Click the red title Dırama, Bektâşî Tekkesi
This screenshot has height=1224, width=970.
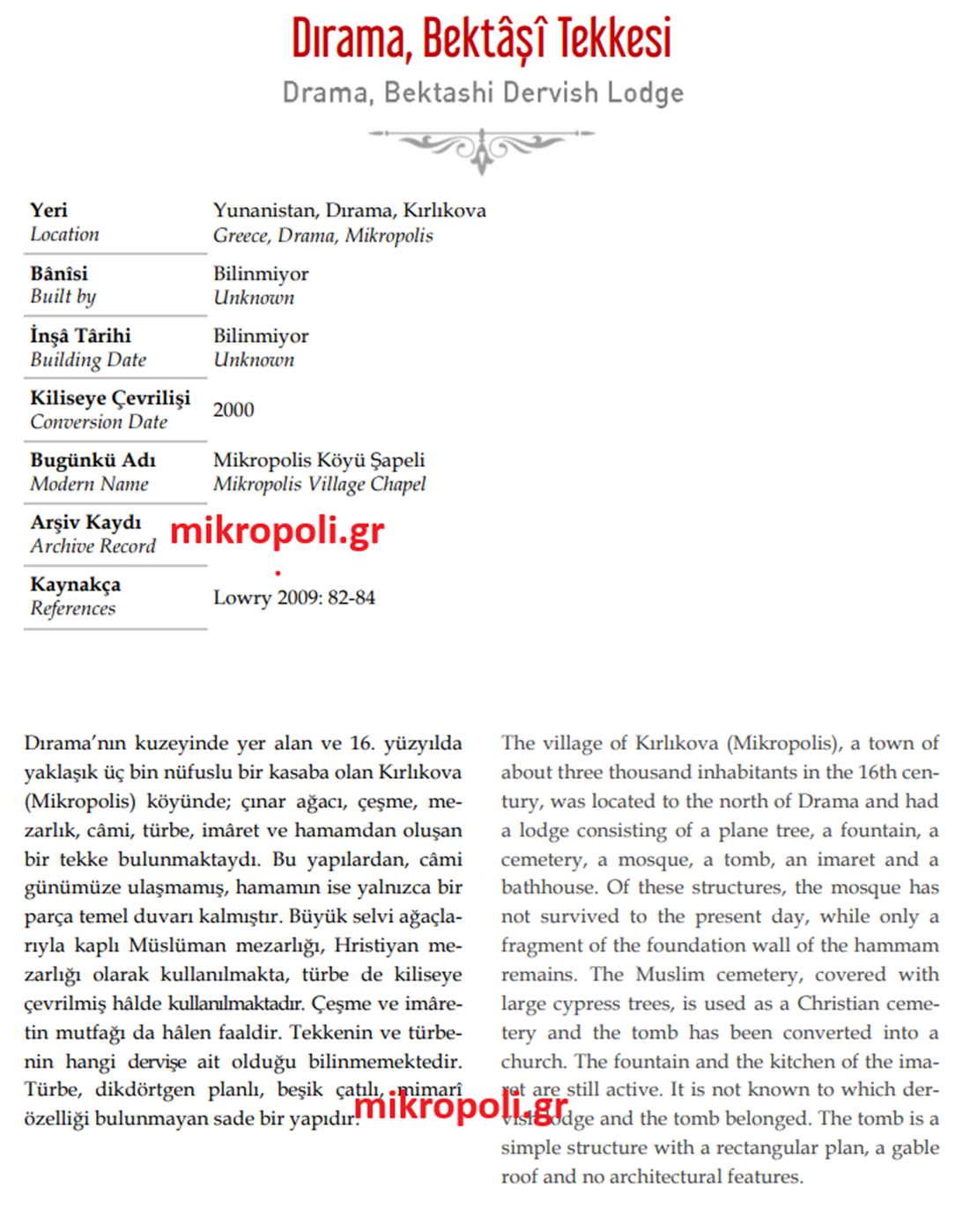[481, 39]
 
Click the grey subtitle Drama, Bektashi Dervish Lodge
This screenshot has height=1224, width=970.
[483, 93]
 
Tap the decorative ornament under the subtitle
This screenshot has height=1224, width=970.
[481, 145]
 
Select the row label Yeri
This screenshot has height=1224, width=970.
[48, 210]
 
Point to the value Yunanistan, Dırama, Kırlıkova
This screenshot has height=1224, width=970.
[349, 210]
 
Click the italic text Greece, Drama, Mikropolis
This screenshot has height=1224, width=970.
[322, 235]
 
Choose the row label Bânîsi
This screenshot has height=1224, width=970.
[59, 273]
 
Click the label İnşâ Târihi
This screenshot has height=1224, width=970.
[80, 336]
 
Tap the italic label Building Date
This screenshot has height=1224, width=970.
[88, 360]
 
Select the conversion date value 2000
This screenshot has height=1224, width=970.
[233, 410]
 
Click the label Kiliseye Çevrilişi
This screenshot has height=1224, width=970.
[110, 397]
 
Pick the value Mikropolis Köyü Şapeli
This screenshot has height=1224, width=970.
[319, 460]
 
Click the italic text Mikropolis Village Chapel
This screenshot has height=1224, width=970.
[319, 484]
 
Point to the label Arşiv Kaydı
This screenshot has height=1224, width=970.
[85, 523]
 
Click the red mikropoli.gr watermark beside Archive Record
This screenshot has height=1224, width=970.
[278, 531]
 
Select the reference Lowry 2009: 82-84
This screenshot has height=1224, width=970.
[294, 597]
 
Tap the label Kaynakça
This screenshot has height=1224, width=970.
[75, 584]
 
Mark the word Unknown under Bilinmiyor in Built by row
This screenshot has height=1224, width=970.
[254, 298]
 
